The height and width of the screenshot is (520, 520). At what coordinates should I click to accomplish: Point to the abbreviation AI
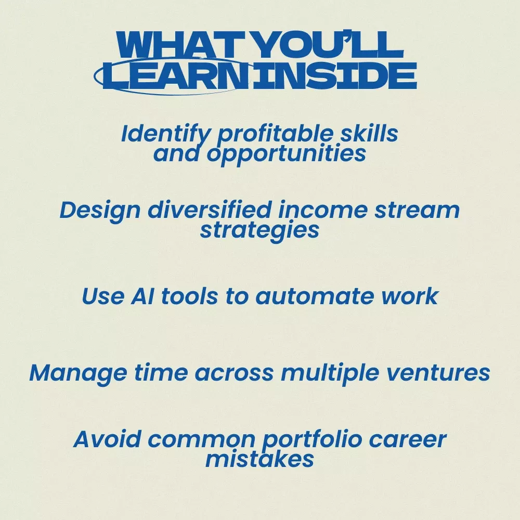click(x=142, y=296)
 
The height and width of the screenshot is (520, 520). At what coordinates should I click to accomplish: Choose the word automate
click(x=315, y=296)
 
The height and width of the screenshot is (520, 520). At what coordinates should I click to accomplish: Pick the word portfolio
click(x=312, y=440)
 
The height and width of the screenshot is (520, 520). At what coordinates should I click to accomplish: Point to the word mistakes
click(x=259, y=460)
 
